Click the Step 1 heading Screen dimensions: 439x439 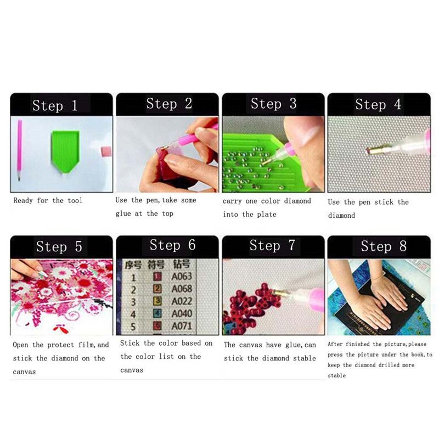pos(55,105)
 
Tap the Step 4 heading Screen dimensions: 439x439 pos(378,104)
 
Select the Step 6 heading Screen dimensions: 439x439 pos(172,245)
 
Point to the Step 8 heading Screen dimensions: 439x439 pos(384,246)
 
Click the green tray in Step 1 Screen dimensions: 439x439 pos(65,151)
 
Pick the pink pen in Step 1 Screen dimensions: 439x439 pos(19,150)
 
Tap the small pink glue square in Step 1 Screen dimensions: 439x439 pos(106,151)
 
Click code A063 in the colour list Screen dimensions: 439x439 pos(182,277)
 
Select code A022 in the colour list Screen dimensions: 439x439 pos(182,301)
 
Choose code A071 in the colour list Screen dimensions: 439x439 pos(182,326)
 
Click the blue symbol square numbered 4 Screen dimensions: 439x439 pos(157,313)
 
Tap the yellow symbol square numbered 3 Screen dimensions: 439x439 pos(157,301)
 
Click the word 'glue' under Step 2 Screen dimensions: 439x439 pos(123,214)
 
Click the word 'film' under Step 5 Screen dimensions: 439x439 pos(87,345)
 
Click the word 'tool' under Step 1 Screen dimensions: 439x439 pos(75,200)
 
